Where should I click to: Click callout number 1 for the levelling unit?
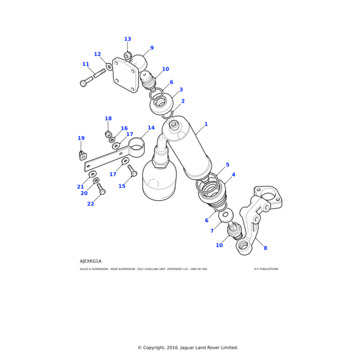(206, 125)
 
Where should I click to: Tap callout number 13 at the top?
(127, 39)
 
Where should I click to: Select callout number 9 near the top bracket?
(152, 48)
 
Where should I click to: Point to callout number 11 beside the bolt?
(86, 64)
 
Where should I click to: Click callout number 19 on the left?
(81, 139)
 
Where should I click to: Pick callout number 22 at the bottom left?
(91, 204)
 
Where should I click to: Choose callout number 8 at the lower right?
(265, 248)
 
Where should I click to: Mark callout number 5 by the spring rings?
(227, 165)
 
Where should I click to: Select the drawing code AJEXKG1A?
(91, 261)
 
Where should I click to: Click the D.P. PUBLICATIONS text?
(266, 269)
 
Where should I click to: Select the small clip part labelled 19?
(83, 156)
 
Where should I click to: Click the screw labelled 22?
(101, 190)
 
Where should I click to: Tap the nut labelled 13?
(127, 56)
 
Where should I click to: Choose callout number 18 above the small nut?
(108, 119)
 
